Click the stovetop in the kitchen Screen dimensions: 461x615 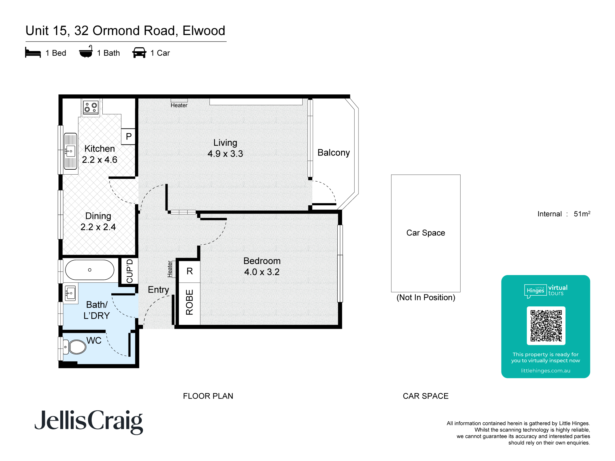pyautogui.click(x=91, y=107)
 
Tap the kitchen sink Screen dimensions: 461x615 pyautogui.click(x=70, y=151)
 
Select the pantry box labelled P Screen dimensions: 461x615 pyautogui.click(x=129, y=136)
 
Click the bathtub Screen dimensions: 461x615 pyautogui.click(x=89, y=270)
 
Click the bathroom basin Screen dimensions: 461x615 pyautogui.click(x=70, y=293)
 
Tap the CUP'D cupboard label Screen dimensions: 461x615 pyautogui.click(x=129, y=271)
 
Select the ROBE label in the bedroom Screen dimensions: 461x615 pyautogui.click(x=189, y=302)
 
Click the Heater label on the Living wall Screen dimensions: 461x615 pyautogui.click(x=179, y=105)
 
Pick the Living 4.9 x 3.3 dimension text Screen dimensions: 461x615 pyautogui.click(x=225, y=154)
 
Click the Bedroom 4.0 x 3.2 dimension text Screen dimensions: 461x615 pyautogui.click(x=262, y=272)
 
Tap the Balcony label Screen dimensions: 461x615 pyautogui.click(x=333, y=153)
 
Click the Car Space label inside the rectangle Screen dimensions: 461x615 pyautogui.click(x=426, y=233)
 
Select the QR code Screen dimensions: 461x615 pyautogui.click(x=546, y=326)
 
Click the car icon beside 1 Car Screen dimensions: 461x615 pyautogui.click(x=139, y=53)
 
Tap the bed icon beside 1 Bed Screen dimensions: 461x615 pyautogui.click(x=33, y=53)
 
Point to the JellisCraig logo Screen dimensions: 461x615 pyautogui.click(x=89, y=421)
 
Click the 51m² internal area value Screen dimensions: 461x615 pyautogui.click(x=582, y=214)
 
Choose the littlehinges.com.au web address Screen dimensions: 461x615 pyautogui.click(x=546, y=371)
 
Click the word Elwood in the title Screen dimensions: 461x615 pyautogui.click(x=204, y=31)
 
